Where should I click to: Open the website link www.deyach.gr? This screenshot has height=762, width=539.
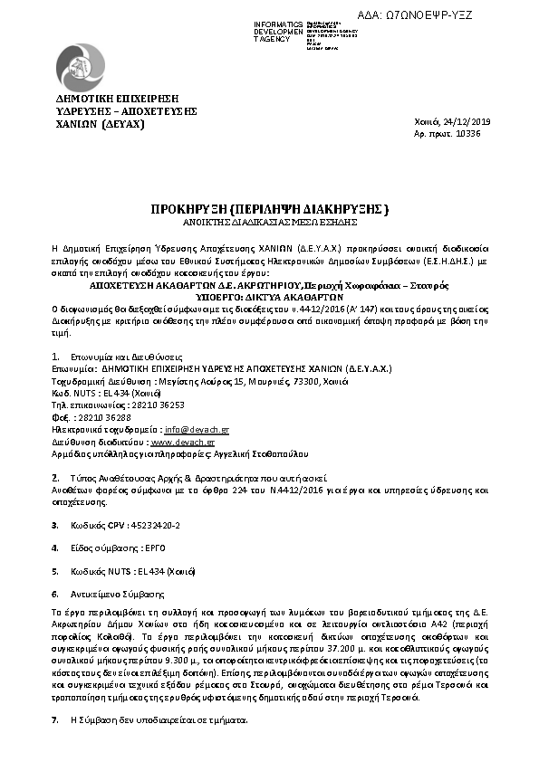click(x=182, y=442)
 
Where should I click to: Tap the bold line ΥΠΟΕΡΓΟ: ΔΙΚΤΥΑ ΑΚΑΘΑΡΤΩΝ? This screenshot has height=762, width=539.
click(x=269, y=296)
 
